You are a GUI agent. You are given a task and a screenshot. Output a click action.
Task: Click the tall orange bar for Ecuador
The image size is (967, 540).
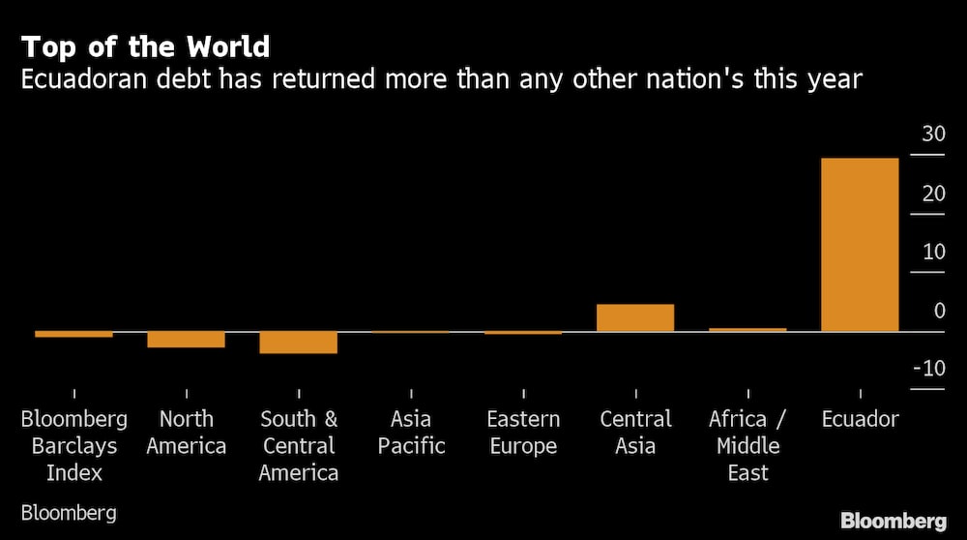859,245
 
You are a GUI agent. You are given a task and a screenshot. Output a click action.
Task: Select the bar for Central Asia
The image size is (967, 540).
634,318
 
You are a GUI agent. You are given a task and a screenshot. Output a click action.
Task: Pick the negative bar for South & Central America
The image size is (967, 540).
299,343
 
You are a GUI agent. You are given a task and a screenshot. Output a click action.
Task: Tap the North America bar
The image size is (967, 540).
187,340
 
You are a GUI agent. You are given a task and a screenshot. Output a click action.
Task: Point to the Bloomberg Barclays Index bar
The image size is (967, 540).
73,335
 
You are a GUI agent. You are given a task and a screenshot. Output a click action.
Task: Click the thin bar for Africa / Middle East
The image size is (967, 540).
747,330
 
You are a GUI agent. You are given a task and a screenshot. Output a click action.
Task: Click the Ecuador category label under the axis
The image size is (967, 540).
860,420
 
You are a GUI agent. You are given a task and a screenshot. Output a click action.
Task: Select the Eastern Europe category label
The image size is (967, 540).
523,433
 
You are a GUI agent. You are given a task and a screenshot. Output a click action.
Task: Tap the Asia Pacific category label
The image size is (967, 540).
411,433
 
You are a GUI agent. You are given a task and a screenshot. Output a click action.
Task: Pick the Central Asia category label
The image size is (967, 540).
635,433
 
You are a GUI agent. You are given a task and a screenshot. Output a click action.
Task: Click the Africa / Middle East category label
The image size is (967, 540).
747,446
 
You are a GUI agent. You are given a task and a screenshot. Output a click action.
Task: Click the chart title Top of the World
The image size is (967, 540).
145,46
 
